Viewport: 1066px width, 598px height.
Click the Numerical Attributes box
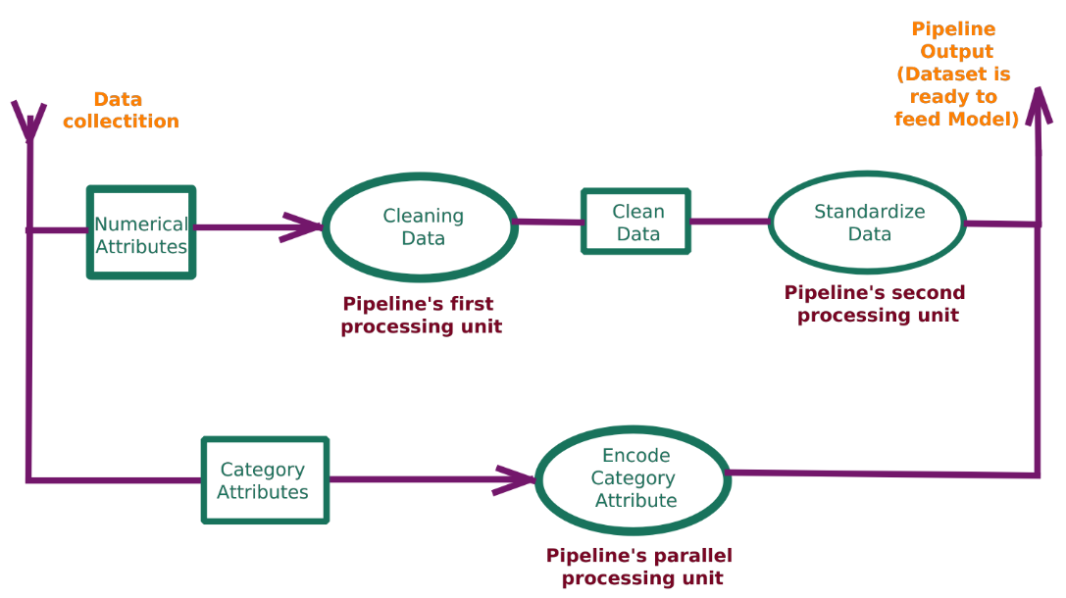(141, 232)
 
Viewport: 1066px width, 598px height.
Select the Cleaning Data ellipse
(421, 227)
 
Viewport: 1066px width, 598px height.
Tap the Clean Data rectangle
(637, 223)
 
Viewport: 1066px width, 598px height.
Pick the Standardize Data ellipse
(868, 223)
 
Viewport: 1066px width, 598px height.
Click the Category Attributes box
(264, 480)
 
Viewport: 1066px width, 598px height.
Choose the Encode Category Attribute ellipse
(634, 478)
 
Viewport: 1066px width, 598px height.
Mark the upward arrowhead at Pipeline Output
(1038, 103)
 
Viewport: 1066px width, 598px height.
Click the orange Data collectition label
(120, 111)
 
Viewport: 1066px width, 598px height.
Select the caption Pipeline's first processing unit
(421, 316)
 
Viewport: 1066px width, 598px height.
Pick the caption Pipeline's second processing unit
(876, 304)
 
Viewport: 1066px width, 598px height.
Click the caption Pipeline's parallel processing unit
(640, 567)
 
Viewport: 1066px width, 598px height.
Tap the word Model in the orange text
(984, 120)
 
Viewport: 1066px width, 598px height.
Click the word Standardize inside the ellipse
(869, 212)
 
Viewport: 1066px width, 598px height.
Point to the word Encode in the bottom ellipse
(635, 456)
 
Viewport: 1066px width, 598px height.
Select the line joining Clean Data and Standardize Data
(729, 222)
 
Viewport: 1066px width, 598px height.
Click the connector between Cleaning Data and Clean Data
(547, 223)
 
